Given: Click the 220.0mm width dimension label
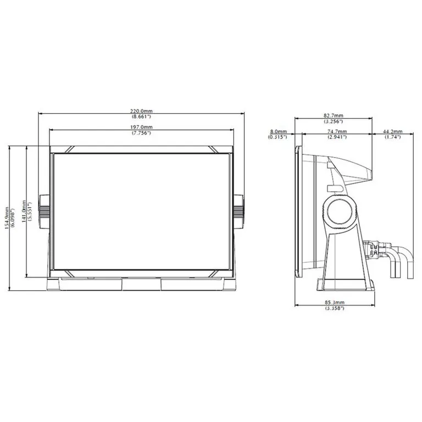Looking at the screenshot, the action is click(x=141, y=111).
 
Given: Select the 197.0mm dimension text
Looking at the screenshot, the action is click(x=141, y=127).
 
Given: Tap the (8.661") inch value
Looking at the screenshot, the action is click(x=141, y=116).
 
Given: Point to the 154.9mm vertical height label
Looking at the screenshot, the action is click(x=7, y=218).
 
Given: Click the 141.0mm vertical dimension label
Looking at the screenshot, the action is click(x=24, y=211).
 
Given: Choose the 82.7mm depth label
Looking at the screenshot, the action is click(x=334, y=116).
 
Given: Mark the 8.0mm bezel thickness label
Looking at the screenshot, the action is click(x=278, y=132).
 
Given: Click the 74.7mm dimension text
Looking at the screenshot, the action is click(x=337, y=132).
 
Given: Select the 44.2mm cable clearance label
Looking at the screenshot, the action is click(x=393, y=132).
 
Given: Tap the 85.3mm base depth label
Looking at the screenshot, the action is click(x=335, y=303).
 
